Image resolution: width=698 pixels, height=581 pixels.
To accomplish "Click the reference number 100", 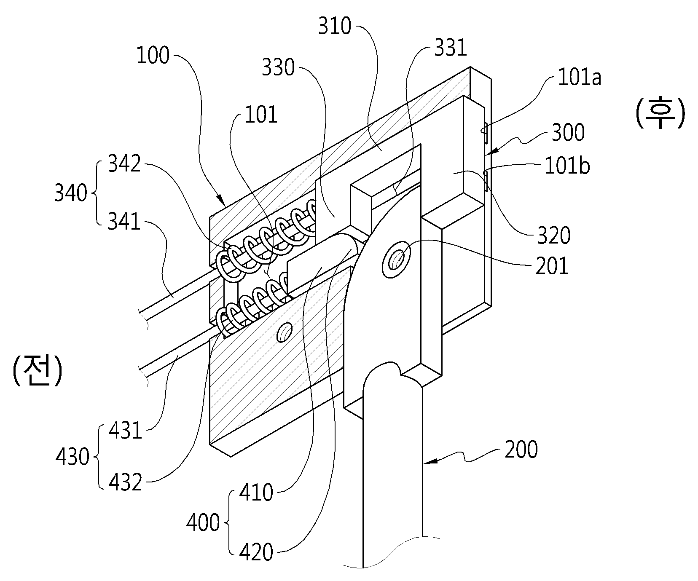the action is tap(153, 56).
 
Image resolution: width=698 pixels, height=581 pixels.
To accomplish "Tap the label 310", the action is tap(335, 26).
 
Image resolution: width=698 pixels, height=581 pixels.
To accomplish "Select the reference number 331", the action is tap(451, 48).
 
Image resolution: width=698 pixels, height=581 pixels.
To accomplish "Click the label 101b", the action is tap(567, 166).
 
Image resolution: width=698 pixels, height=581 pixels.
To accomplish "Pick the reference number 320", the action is tap(554, 236).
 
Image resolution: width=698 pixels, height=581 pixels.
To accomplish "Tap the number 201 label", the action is tap(552, 266).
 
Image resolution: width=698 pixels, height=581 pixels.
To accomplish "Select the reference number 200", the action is tap(521, 450).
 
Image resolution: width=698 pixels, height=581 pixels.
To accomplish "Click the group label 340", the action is tap(71, 193).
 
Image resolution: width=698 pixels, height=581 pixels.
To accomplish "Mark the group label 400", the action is tap(203, 523).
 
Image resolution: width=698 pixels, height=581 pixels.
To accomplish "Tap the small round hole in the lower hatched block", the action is tap(284, 332).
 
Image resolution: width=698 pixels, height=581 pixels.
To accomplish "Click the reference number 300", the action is tap(568, 132).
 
